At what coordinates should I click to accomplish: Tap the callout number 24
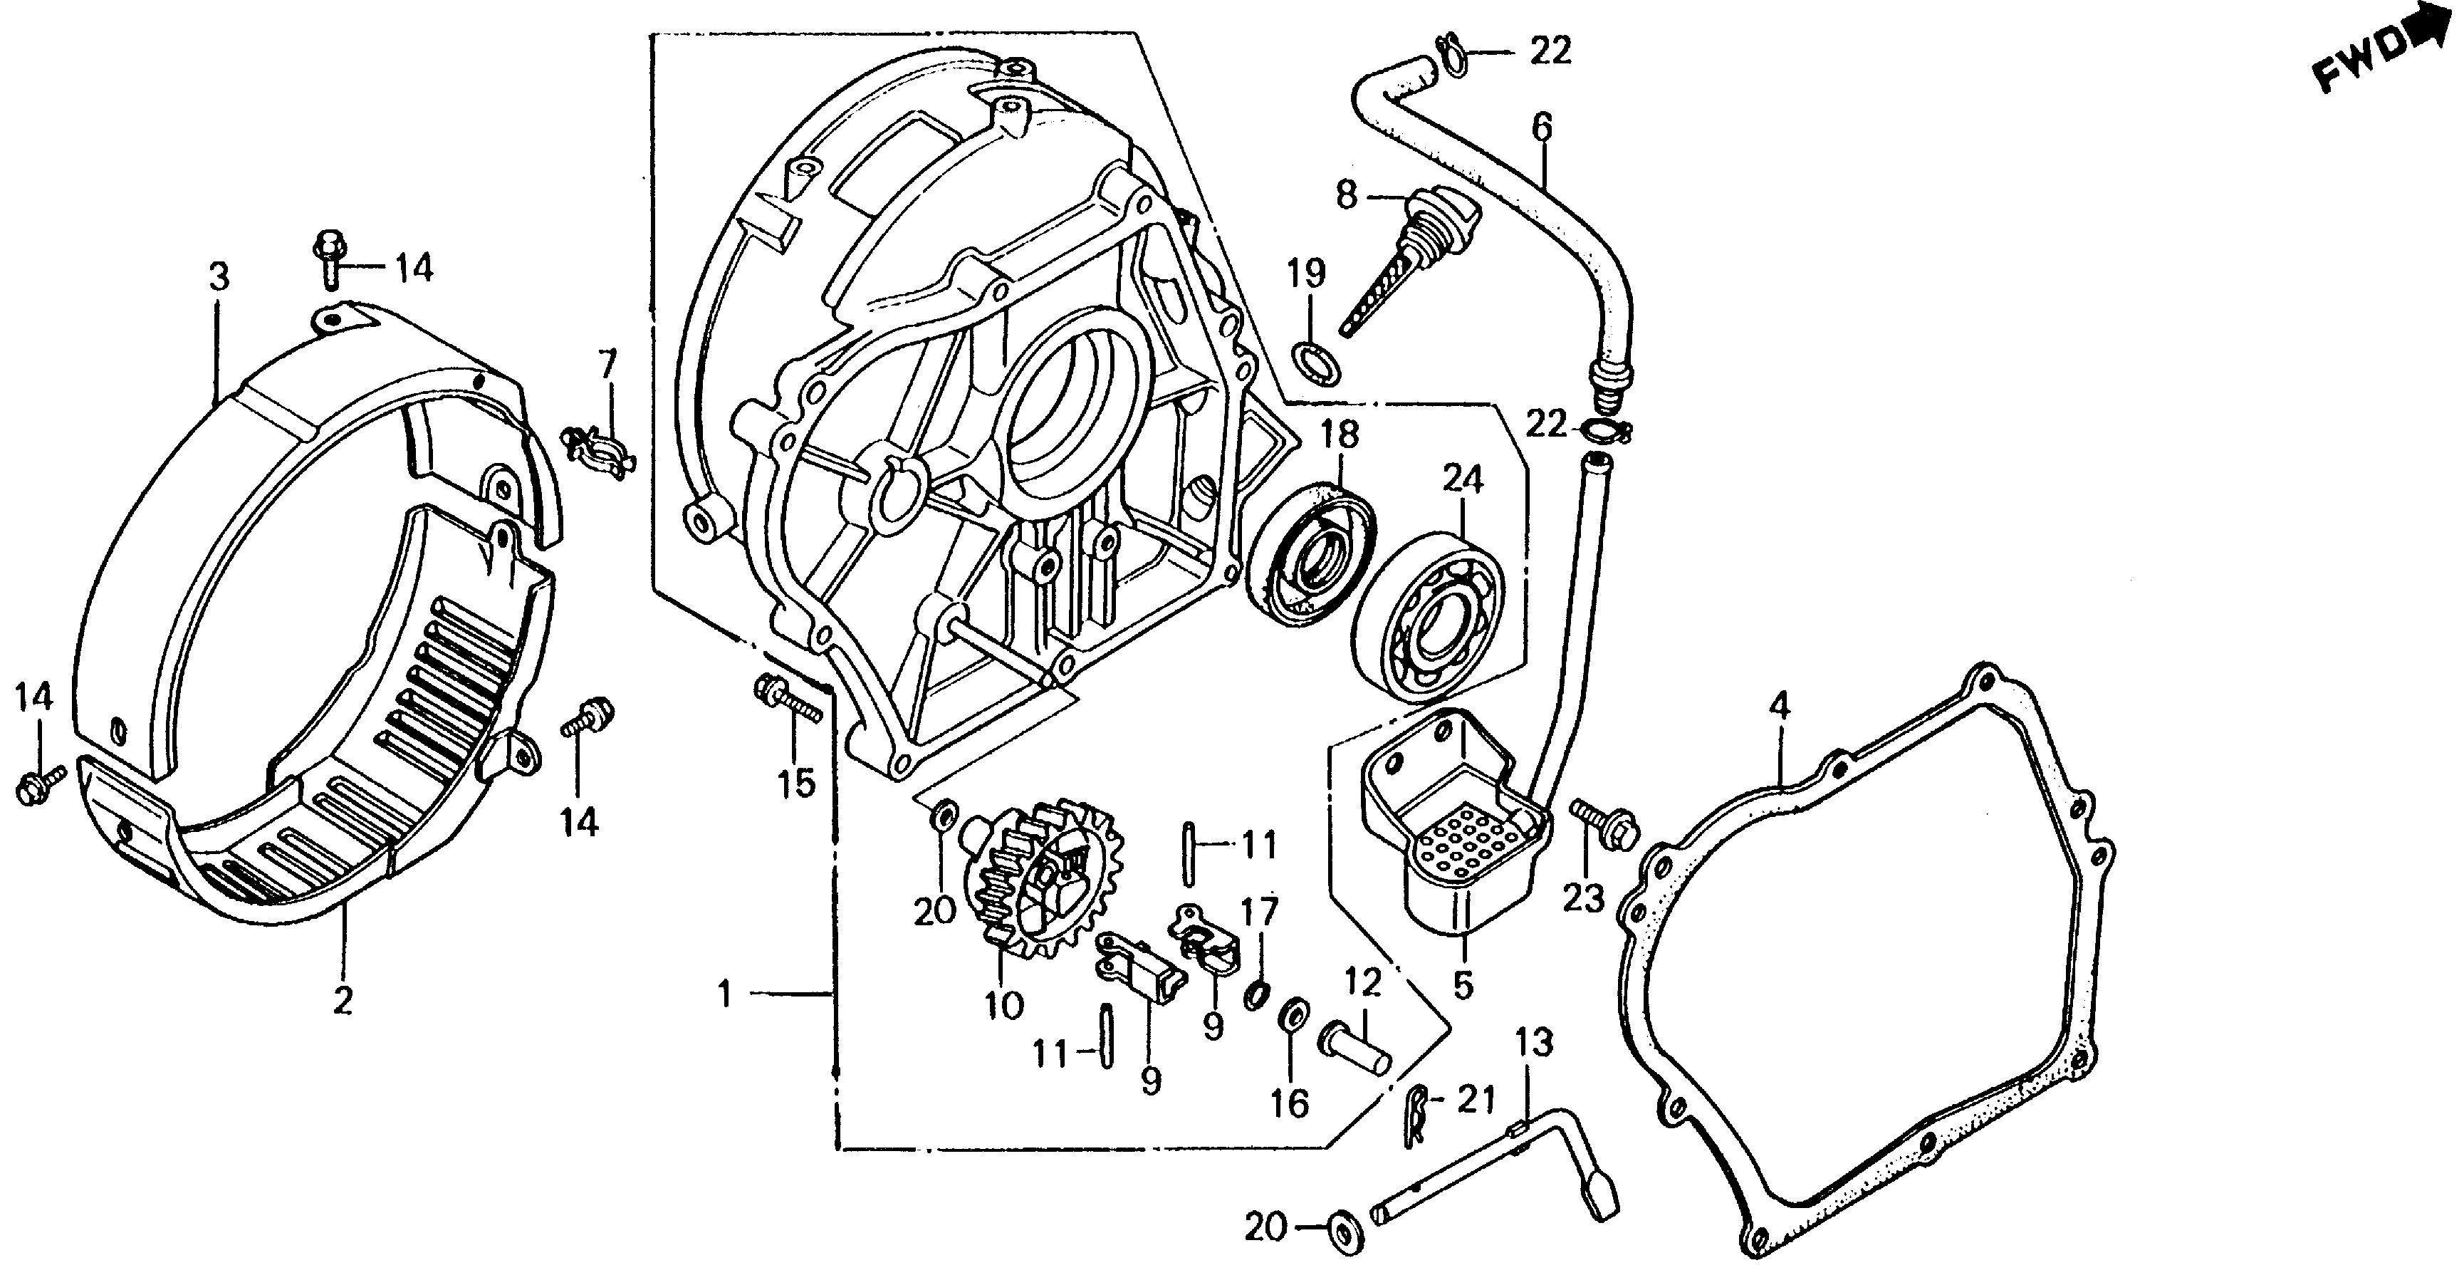1463,479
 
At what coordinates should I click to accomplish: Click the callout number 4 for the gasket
1778,707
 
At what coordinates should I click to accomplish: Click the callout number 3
219,279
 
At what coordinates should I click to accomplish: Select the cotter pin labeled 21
1418,1115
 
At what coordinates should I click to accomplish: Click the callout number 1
724,996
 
